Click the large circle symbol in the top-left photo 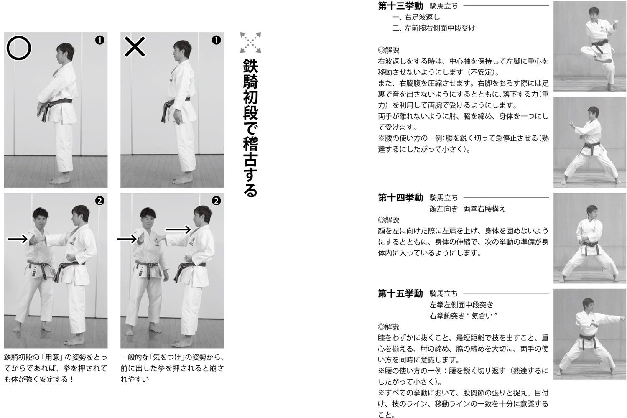coord(19,48)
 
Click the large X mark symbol coord(135,47)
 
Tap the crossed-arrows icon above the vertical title coord(250,43)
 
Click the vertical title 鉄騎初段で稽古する coord(250,127)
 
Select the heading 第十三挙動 coord(400,6)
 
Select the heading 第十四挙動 coord(400,198)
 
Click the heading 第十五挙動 coord(400,294)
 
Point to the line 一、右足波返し coord(416,18)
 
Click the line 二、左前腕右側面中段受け coord(433,28)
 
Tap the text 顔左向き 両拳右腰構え coord(467,209)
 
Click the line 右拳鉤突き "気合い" coord(463,316)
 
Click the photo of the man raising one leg coord(589,46)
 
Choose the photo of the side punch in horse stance coord(589,334)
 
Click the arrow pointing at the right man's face coord(178,229)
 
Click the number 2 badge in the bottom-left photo coord(100,201)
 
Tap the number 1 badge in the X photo coord(216,40)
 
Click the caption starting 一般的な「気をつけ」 coord(172,368)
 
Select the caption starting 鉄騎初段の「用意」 coord(55,368)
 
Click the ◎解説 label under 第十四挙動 coord(388,220)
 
